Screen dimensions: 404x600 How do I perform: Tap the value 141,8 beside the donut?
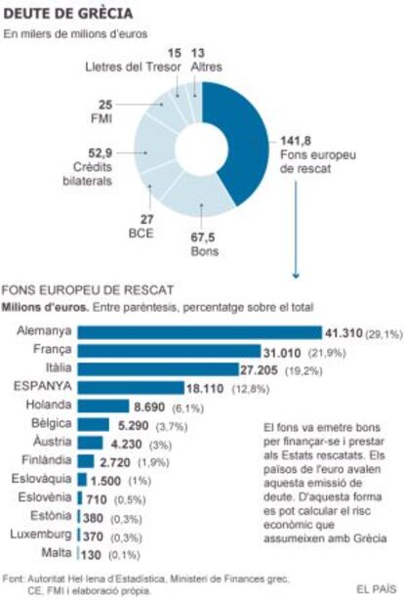tap(296, 141)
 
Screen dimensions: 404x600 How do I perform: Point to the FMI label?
tap(101, 118)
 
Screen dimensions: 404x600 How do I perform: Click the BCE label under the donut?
tap(141, 233)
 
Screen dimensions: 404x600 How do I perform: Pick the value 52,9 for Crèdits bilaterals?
tap(101, 153)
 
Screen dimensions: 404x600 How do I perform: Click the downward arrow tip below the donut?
tap(296, 277)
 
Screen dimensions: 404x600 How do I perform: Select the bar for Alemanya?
tap(200, 332)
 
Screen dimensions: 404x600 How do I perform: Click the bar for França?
tap(170, 351)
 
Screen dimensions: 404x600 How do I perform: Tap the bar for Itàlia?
tap(158, 369)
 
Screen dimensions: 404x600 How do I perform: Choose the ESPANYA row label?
tap(42, 386)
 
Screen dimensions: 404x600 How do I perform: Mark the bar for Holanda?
tap(103, 406)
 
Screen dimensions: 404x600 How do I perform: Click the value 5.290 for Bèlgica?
tap(133, 425)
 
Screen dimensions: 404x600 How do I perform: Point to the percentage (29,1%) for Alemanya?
tap(384, 334)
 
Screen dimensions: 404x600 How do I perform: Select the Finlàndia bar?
tap(86, 461)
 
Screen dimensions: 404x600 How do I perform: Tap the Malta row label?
tap(57, 552)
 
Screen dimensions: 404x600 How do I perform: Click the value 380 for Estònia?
tap(93, 518)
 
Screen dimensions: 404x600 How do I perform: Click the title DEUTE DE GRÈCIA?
tap(68, 14)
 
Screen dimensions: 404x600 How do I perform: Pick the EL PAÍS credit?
tap(377, 589)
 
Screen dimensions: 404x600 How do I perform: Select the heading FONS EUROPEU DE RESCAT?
tap(88, 290)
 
